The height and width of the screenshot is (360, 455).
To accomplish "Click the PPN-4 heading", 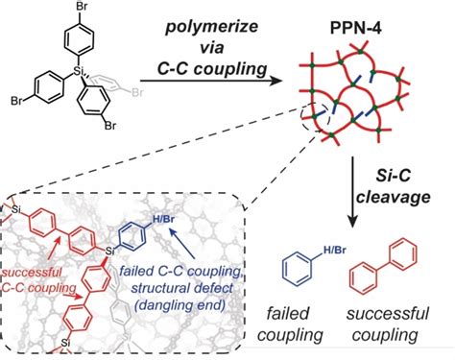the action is (356, 29).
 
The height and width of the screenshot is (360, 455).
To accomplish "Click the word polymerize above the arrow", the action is (211, 27).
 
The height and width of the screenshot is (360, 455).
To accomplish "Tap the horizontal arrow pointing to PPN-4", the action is (212, 81).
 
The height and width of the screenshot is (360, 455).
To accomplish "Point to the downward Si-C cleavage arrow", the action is (352, 192).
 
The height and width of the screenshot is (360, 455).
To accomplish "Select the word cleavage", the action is (394, 197).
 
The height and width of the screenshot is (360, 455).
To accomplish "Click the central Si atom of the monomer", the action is (76, 71).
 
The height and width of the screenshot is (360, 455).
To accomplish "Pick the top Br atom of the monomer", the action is (82, 6).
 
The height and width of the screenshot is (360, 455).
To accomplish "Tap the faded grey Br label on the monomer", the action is (137, 93).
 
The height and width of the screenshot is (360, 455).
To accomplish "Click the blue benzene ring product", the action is (297, 269).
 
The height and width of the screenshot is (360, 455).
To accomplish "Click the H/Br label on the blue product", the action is (335, 250).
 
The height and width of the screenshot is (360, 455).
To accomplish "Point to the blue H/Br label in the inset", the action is (163, 220).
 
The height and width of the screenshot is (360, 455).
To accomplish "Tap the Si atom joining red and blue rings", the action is (109, 252).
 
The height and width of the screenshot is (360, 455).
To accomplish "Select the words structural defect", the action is (182, 288).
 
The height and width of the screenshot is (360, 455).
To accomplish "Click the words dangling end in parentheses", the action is (180, 305).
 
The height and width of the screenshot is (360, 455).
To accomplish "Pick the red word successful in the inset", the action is (32, 272).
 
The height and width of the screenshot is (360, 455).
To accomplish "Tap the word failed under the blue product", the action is (288, 313).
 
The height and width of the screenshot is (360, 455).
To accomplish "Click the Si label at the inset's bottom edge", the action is (65, 343).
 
